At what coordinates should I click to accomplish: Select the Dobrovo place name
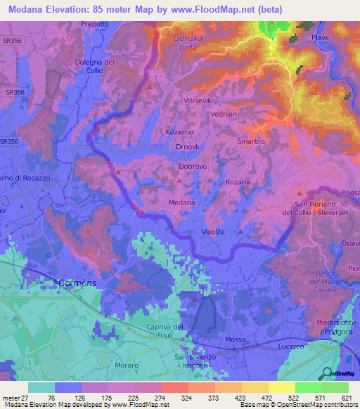tap(193, 167)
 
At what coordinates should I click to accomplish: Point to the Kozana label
tap(238, 182)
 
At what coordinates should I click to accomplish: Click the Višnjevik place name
tap(196, 100)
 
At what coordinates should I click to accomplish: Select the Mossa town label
tap(236, 340)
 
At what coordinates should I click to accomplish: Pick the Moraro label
tap(127, 366)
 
